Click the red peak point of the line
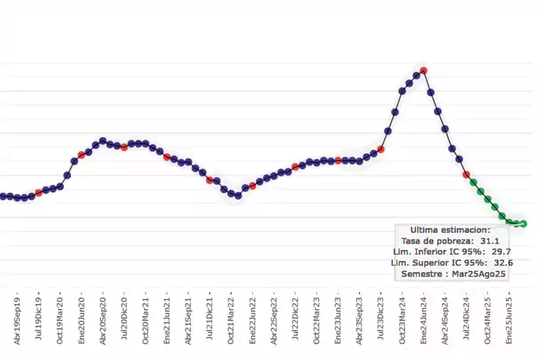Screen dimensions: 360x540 [423, 70]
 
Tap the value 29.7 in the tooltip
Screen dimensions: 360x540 [502, 251]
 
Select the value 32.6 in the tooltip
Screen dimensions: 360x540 [505, 263]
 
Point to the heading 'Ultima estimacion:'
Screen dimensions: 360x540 [450, 229]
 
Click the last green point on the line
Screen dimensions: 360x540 [524, 224]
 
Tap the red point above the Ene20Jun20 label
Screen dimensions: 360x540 [81, 155]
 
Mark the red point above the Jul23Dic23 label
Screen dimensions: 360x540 [381, 149]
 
